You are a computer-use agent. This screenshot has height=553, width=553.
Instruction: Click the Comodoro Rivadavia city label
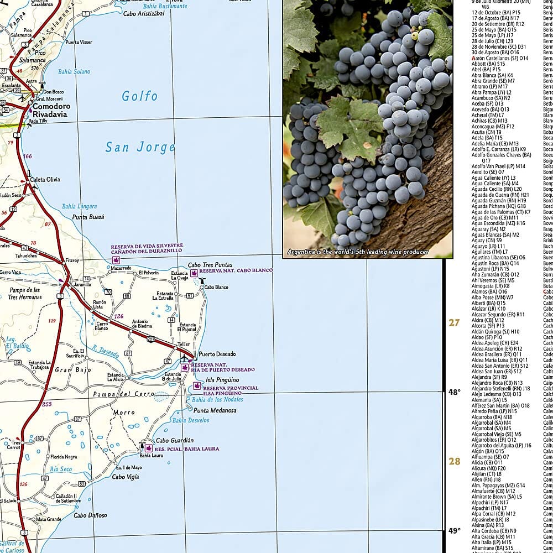[50, 110]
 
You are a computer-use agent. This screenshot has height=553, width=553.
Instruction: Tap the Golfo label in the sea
[140, 96]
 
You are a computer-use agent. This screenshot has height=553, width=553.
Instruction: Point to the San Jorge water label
[140, 147]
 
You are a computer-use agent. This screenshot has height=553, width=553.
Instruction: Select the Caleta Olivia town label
[45, 179]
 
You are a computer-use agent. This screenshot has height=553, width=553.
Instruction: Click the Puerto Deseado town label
[217, 354]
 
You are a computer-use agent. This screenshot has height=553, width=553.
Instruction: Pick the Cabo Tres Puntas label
[210, 265]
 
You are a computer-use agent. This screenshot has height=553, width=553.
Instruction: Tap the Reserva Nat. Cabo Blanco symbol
[194, 273]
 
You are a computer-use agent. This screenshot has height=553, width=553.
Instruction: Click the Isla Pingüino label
[222, 380]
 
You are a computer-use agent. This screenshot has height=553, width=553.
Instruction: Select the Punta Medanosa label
[215, 410]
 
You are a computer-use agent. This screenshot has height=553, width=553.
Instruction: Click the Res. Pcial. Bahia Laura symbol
[149, 448]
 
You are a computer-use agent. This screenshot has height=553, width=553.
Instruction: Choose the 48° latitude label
[454, 392]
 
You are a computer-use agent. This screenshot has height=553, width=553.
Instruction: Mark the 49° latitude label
[454, 531]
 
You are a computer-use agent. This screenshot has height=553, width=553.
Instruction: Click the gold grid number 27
[454, 322]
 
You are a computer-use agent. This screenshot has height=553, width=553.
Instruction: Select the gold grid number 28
[454, 461]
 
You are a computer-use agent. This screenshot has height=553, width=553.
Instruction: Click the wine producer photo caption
[358, 252]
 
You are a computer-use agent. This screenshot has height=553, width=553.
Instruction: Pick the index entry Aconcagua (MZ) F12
[493, 126]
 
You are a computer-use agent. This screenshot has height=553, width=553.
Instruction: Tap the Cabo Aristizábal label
[144, 13]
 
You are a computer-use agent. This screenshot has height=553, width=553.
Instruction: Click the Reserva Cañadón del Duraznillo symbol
[116, 259]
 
